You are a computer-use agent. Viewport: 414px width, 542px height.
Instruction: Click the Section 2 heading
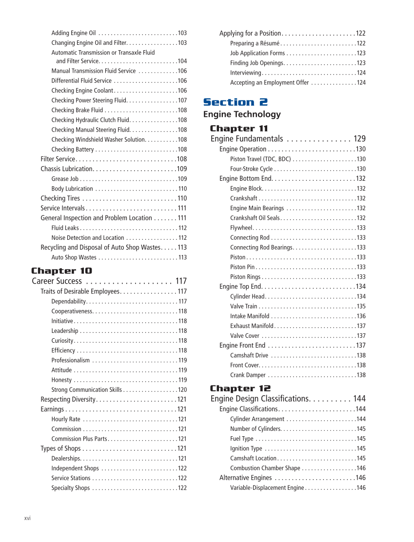pos(235,102)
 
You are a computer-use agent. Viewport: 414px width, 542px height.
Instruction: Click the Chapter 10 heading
pos(61,271)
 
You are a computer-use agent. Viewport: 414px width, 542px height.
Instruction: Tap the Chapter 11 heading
pos(239,129)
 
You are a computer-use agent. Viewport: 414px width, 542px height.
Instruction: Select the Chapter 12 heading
pos(240,388)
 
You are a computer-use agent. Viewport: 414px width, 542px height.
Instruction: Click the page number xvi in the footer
pos(28,518)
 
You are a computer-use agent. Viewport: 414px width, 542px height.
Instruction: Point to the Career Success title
pos(57,281)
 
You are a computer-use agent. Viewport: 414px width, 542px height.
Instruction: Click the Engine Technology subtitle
pos(242,115)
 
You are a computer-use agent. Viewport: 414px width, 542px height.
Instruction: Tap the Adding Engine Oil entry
pos(74,33)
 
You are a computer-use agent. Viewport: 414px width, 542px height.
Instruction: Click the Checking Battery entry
pos(73,150)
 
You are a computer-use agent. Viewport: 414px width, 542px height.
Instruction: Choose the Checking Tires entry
pos(60,198)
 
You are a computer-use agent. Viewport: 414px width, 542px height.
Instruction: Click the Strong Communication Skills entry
pos(87,390)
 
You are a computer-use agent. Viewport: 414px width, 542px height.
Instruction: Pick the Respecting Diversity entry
pos(68,400)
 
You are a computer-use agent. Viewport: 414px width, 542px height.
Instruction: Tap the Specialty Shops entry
pos(71,488)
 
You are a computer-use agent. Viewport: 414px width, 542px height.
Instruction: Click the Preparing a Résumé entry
pos(255,43)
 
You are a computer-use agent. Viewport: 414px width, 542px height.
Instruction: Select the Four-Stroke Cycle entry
pos(252,169)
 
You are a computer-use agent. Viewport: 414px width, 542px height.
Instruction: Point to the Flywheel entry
pos(241,228)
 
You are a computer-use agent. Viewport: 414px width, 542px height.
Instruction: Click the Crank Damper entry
pos(248,375)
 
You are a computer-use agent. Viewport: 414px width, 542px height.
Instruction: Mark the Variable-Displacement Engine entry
pos(267,488)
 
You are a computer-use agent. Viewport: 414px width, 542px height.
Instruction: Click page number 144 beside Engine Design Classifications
pos(359,399)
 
